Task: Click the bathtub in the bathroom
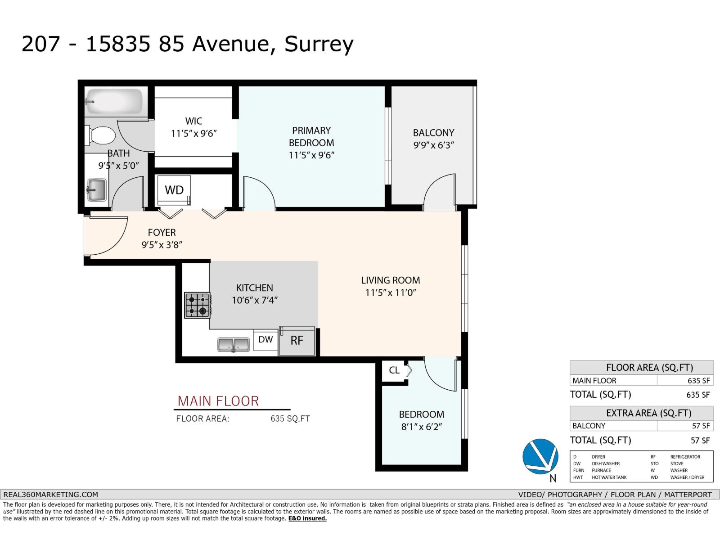tap(114, 102)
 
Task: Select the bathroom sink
tap(96, 190)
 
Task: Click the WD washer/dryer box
tap(174, 190)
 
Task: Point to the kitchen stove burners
tap(197, 305)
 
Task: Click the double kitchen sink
tap(234, 345)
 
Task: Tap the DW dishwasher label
tap(265, 339)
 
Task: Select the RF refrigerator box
tap(297, 341)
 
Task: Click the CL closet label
tap(394, 370)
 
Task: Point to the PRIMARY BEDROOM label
tap(311, 137)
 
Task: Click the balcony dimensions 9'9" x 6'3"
tap(434, 145)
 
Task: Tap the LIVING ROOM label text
tap(390, 280)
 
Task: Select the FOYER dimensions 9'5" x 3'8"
tap(162, 245)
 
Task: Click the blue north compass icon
tap(540, 456)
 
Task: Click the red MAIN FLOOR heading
tap(218, 401)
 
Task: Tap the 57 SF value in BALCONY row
tap(701, 426)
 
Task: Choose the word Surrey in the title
tap(319, 44)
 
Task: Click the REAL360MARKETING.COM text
tap(50, 495)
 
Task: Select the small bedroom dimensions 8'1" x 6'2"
tap(421, 427)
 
